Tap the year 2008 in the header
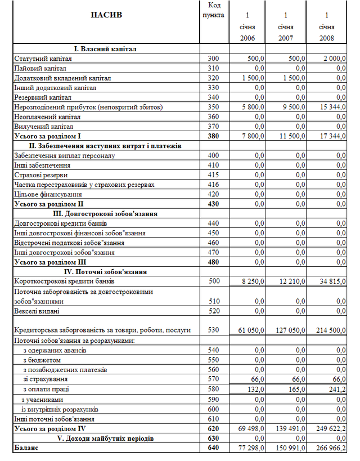click(x=326, y=38)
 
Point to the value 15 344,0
click(x=331, y=107)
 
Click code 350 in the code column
click(x=213, y=107)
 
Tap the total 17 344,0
click(x=331, y=136)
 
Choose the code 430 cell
click(x=213, y=204)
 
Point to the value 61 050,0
click(x=249, y=330)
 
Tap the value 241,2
click(x=336, y=390)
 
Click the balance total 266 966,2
click(x=330, y=449)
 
